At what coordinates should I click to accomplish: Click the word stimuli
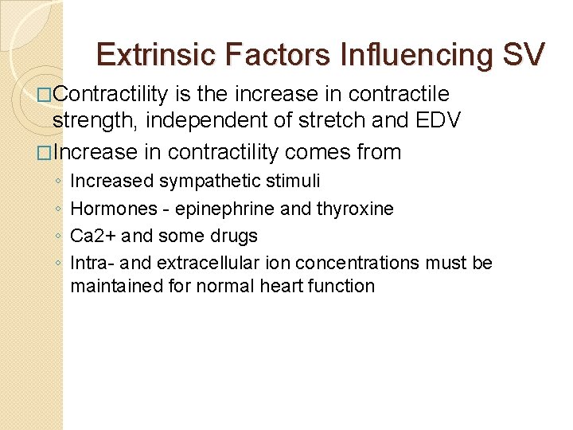[293, 181]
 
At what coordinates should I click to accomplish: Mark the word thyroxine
[356, 209]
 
